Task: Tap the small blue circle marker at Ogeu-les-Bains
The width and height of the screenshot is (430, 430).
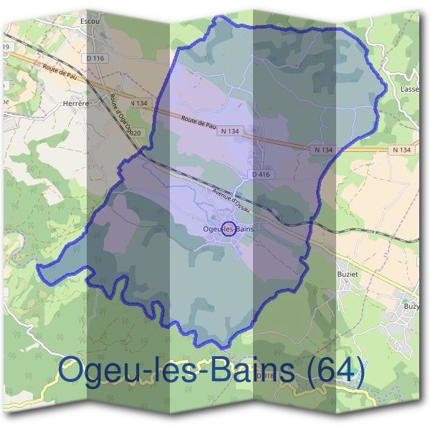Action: [229, 229]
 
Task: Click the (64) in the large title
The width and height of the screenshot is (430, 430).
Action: [329, 371]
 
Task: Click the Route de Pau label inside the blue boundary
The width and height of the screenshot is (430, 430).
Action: [199, 122]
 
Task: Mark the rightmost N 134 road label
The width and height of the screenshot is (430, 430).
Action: [402, 150]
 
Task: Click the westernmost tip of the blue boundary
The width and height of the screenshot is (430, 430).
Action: [38, 266]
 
